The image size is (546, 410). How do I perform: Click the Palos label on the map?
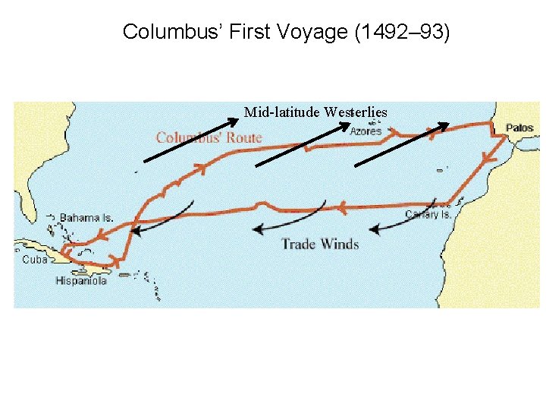coord(519,128)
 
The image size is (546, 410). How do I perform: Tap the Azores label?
coord(366,131)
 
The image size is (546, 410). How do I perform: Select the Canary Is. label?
coord(428,215)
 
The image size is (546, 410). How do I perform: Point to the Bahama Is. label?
coord(86,218)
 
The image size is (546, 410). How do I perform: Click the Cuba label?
coord(35,259)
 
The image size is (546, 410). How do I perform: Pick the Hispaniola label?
coord(81,281)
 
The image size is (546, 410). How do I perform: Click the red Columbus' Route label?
coord(209,137)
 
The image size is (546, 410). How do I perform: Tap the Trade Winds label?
coord(320,244)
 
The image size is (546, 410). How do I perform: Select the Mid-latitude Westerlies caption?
coord(315,112)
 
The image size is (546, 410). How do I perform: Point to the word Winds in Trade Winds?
coord(340,244)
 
